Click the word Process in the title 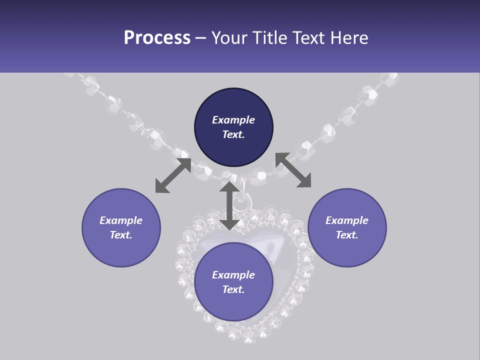pos(157,38)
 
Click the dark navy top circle pos(233,127)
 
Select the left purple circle pos(121,227)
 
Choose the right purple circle pos(347,227)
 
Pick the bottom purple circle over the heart pos(233,282)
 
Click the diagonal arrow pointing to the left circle pos(173,175)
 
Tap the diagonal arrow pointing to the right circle pos(293,170)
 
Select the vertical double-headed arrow pos(229,205)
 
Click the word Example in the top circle pos(233,120)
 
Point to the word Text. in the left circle pos(121,235)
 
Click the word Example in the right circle pos(347,220)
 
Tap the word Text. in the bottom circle pos(233,289)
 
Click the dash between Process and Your pos(200,38)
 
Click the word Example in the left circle pos(121,220)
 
